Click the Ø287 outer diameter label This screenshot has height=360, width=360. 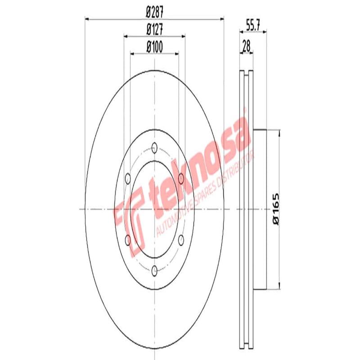154,13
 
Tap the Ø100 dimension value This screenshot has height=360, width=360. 154,46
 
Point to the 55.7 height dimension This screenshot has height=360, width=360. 253,26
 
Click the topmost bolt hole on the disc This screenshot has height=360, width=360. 154,147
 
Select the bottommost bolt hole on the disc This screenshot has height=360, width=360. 154,270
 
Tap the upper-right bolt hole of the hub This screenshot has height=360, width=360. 181,179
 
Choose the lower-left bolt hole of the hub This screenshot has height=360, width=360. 128,239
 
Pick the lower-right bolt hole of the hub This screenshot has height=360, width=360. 181,239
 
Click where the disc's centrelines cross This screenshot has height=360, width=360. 154,209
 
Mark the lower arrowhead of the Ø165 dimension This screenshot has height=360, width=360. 280,286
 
